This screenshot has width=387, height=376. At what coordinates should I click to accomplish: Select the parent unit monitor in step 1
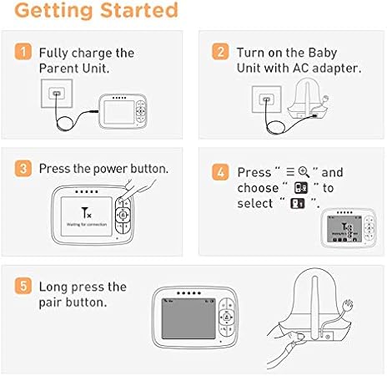(122, 110)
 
